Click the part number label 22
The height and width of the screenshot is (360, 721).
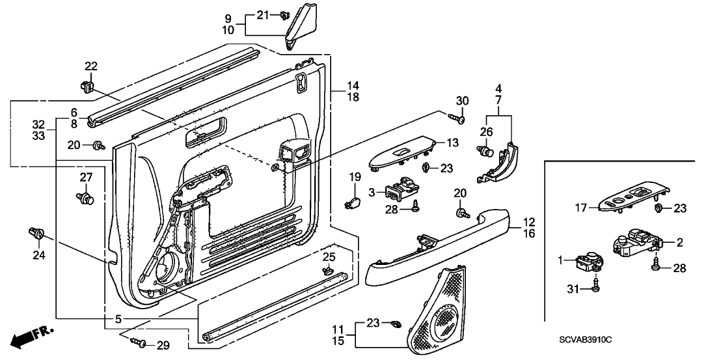tap(91, 65)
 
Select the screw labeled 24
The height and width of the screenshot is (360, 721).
tap(36, 233)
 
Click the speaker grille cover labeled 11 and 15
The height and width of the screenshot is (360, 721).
tap(437, 311)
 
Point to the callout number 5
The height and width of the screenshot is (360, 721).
tap(118, 319)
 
